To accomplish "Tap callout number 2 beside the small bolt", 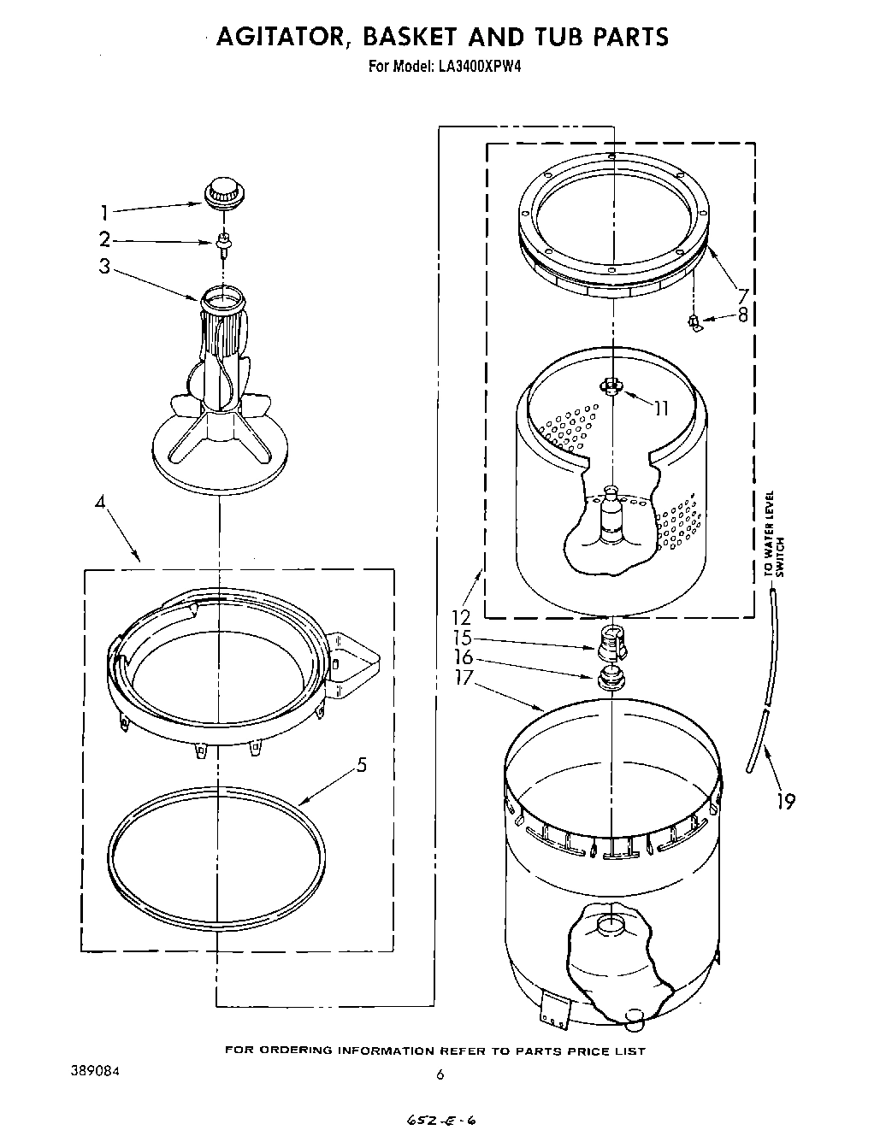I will click(x=104, y=240).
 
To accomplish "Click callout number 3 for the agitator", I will click(x=104, y=266).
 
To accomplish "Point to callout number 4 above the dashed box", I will click(x=99, y=503).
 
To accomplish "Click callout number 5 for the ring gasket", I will click(x=362, y=765).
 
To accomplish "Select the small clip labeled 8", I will click(x=694, y=322).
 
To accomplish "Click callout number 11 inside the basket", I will click(x=661, y=409).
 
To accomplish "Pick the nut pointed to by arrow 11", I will click(x=611, y=385).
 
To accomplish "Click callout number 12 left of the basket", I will click(x=463, y=616).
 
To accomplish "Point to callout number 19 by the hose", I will click(x=785, y=801).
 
